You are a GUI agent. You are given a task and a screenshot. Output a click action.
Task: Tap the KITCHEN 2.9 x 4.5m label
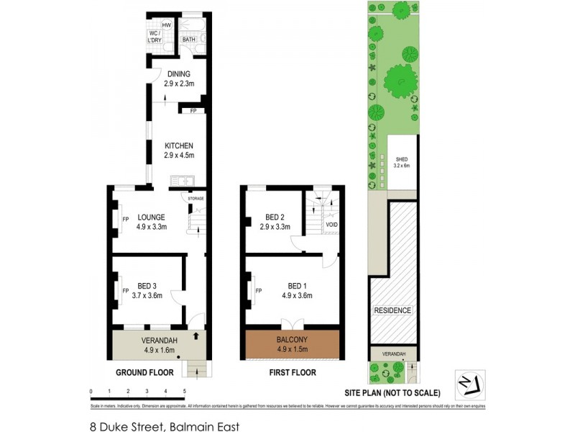coord(178,150)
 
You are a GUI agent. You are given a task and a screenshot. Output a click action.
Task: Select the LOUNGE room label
coord(152,217)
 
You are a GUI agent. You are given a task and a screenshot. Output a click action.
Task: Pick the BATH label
coord(189,40)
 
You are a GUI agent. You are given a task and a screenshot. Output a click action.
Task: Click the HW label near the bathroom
coord(166,25)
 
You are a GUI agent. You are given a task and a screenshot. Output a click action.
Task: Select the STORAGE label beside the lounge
coord(195,198)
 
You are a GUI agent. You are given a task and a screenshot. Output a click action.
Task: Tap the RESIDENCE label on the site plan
coord(392,310)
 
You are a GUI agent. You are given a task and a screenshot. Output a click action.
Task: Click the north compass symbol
coord(470,384)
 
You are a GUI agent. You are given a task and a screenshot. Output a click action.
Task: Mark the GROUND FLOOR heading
coord(145,372)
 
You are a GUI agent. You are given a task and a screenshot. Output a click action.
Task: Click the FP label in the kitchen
coord(193,111)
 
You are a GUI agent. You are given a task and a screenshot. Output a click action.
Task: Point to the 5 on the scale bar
coord(185,391)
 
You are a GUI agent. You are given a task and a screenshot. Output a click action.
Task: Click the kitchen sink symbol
coord(179,181)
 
